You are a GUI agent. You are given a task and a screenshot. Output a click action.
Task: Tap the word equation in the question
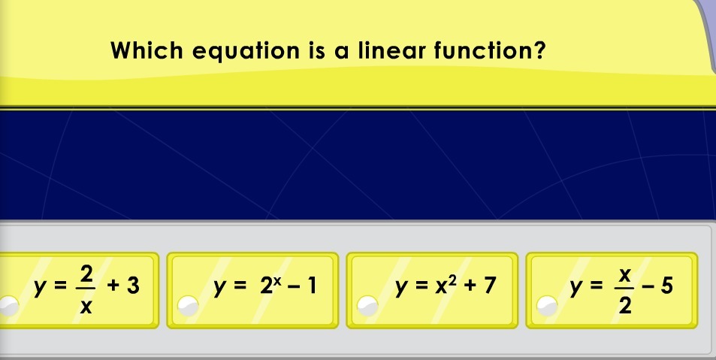[246, 51]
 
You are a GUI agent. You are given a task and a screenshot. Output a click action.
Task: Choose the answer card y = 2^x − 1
[252, 291]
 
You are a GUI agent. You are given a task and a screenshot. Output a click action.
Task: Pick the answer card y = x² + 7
[432, 291]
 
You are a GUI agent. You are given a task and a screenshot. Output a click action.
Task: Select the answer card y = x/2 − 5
[612, 291]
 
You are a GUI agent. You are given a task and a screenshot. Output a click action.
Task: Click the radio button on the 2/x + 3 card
[8, 306]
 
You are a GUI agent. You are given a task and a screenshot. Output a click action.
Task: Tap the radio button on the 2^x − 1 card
[188, 306]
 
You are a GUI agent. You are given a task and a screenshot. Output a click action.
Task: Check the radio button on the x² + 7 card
[368, 306]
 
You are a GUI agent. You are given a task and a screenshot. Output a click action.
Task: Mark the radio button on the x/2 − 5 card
[548, 306]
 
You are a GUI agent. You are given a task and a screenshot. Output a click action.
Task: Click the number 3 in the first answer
[133, 285]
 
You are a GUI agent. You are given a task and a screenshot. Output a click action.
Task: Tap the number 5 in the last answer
[666, 285]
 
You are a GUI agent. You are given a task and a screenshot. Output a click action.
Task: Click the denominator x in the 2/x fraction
[86, 307]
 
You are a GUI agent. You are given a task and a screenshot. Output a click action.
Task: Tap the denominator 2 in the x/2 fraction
[624, 306]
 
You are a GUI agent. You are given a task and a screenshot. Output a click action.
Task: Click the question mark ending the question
[539, 50]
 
